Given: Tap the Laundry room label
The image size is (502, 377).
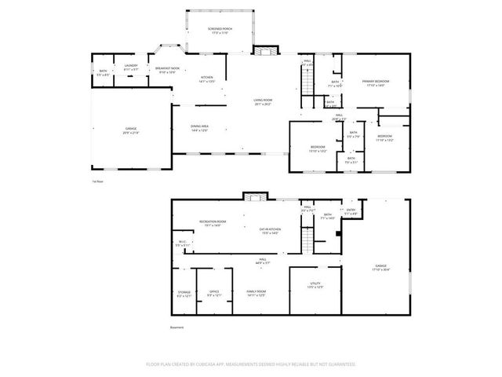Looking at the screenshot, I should point(131,68).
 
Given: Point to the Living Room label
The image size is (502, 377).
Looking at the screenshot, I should point(262,101).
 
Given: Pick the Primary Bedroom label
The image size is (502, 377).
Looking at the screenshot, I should point(376,83).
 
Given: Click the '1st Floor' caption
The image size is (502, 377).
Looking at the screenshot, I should point(98,181).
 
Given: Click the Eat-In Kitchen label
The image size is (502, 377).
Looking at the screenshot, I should point(270,230).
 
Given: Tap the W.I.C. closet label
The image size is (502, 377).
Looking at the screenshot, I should point(182,243).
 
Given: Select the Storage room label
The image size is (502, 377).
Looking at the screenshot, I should point(184,294).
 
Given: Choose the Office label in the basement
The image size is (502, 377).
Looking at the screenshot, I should point(213,294).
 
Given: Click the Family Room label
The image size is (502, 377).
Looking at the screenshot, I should point(256,294).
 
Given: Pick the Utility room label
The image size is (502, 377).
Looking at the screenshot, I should point(315,287).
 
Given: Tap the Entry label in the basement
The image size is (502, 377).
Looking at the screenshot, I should point(351,211).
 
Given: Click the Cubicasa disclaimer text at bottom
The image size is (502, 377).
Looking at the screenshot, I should point(251,364).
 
